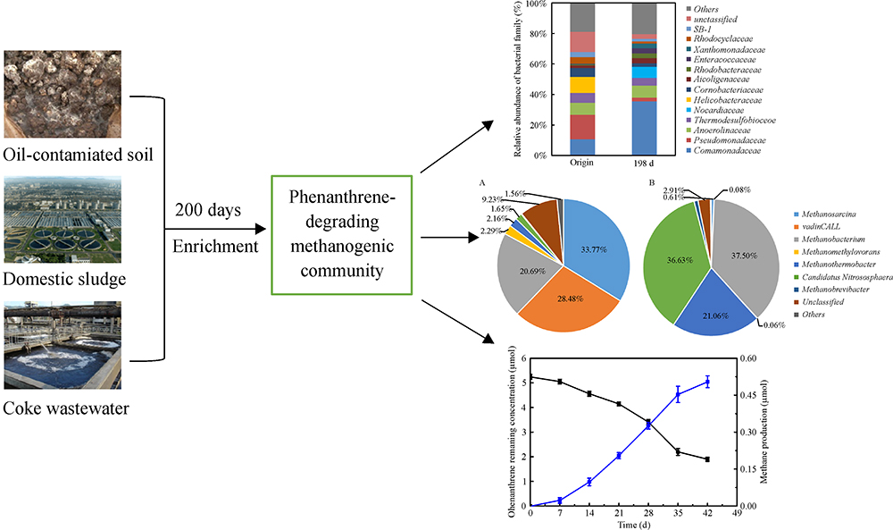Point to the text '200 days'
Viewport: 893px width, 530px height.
point(210,209)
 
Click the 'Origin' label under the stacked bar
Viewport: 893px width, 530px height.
point(581,163)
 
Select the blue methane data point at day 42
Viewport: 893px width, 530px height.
point(707,382)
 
